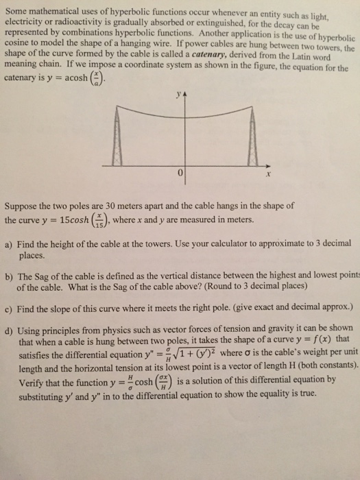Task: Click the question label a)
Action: [10, 243]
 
